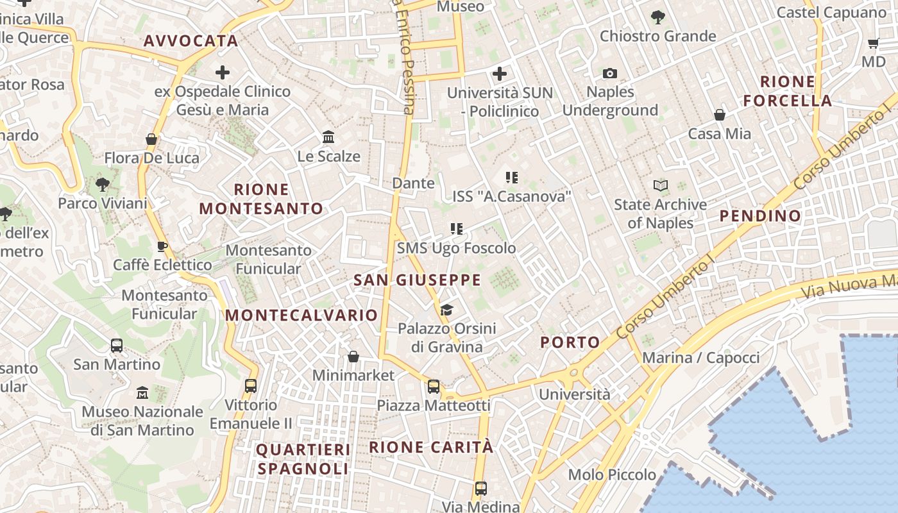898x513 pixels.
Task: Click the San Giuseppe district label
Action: point(417,280)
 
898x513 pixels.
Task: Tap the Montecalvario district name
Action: point(301,315)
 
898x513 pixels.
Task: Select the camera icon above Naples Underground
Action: point(609,74)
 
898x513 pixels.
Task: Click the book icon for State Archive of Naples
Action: point(660,186)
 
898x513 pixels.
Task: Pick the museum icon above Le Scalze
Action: point(329,137)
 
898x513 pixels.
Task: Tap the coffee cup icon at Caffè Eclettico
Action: point(162,246)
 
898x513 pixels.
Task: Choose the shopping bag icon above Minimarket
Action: point(353,357)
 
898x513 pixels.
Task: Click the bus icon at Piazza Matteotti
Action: point(434,387)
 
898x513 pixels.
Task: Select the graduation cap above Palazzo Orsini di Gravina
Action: point(446,310)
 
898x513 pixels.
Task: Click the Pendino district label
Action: point(760,216)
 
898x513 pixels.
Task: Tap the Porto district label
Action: point(570,342)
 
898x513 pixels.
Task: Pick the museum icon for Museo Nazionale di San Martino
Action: point(142,392)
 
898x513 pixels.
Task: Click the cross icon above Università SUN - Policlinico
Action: point(500,74)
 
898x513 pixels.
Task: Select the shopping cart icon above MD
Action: point(873,44)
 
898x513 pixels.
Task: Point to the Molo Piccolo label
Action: point(612,475)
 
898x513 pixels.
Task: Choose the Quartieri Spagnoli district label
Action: point(303,459)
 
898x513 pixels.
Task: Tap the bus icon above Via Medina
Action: point(481,489)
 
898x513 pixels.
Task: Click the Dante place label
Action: point(413,183)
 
